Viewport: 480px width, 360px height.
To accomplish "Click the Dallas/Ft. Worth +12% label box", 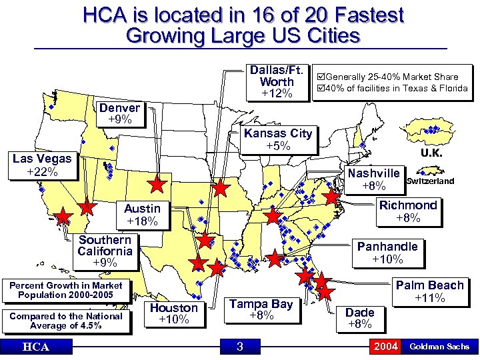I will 277,81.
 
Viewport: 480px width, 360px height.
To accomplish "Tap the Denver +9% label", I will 120,113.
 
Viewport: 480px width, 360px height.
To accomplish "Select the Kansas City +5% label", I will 277,139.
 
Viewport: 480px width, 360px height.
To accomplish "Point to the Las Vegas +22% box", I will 42,165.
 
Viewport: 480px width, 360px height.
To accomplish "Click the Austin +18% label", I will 141,215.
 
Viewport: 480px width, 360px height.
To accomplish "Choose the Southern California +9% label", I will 105,251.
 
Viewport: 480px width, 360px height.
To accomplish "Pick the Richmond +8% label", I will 408,211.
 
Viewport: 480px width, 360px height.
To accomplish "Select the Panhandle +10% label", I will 387,252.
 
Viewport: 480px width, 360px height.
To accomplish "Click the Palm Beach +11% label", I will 429,291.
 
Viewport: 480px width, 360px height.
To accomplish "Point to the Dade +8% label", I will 360,317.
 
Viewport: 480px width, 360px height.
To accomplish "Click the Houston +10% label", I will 173,313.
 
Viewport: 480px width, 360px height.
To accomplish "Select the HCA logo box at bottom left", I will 34,347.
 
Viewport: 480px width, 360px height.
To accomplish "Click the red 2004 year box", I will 386,347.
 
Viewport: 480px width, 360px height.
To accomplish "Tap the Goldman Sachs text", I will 439,347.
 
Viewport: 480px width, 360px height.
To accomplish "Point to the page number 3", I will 240,347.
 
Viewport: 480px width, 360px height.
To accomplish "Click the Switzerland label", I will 430,181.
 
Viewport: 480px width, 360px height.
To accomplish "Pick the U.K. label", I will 431,153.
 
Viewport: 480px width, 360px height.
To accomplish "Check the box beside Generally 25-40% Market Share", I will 321,77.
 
